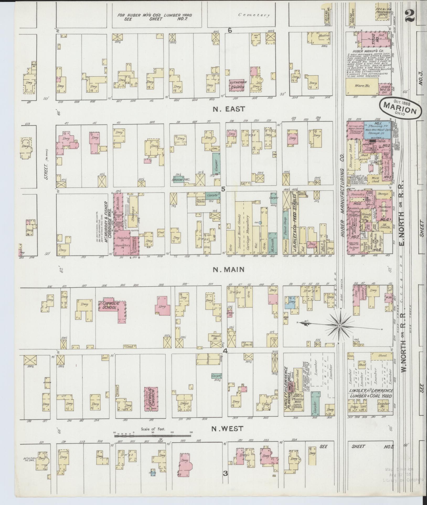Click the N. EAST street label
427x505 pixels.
(x=228, y=109)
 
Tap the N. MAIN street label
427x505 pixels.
(x=228, y=269)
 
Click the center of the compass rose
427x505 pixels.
(x=339, y=326)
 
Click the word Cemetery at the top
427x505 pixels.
(x=254, y=15)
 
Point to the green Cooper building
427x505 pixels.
(x=216, y=164)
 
